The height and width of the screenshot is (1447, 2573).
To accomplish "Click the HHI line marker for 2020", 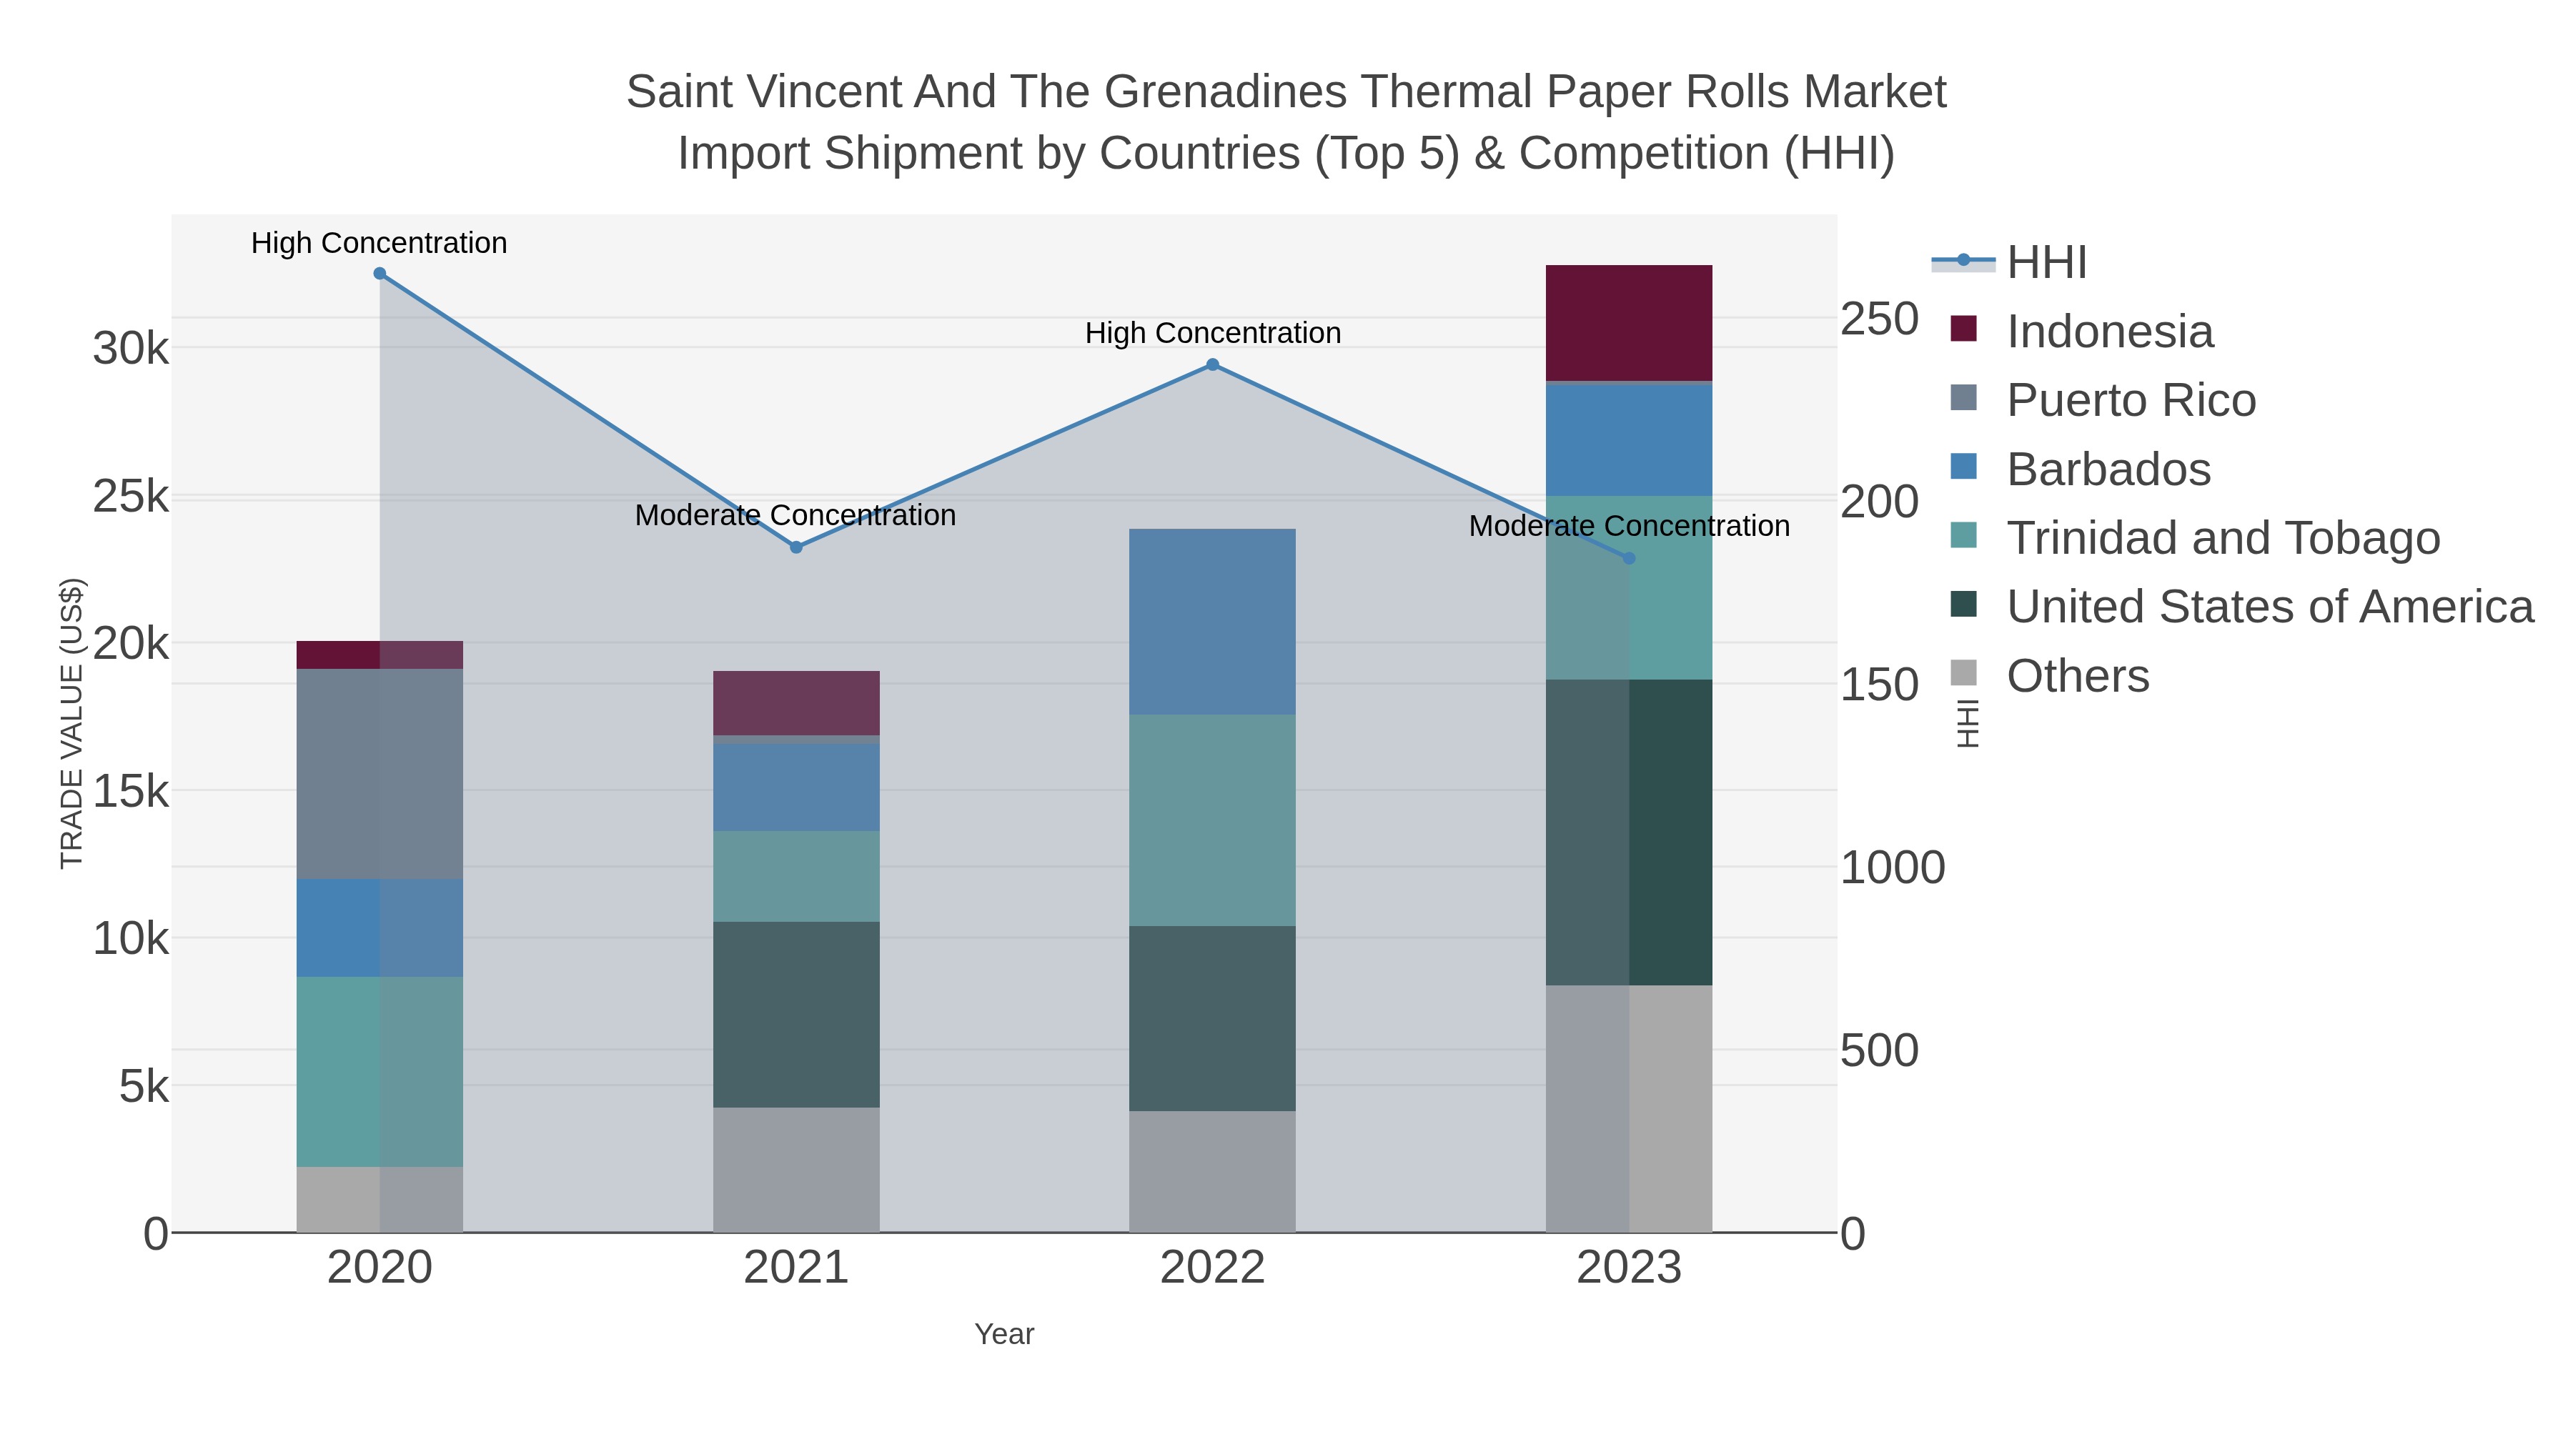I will point(380,274).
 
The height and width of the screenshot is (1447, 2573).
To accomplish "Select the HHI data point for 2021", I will point(796,547).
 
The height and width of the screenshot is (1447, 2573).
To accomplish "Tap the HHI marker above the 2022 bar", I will point(1213,364).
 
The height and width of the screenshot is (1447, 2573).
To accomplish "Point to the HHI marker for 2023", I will point(1629,558).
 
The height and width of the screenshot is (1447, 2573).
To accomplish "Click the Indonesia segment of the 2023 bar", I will point(1629,322).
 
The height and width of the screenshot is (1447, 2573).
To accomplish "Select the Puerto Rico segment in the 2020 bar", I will point(380,774).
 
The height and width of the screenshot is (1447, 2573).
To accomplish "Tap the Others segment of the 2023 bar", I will point(1629,1108).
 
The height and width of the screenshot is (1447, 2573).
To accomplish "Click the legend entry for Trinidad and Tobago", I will point(2222,538).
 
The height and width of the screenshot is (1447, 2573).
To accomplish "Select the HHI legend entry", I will point(2046,263).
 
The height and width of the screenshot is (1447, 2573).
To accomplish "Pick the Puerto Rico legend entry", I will point(2131,400).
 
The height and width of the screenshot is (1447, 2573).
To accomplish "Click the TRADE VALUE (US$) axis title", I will point(72,723).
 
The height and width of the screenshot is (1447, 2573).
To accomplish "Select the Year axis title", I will point(1004,1334).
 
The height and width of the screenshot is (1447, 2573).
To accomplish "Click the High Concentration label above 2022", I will point(1213,334).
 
